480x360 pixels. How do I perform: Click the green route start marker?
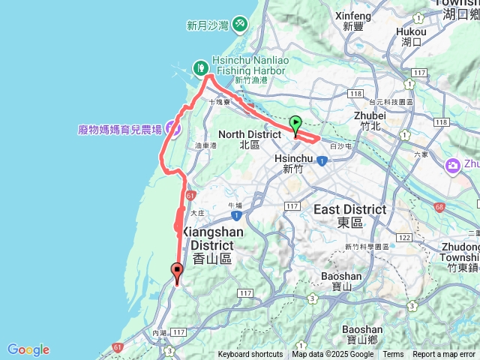pyautogui.click(x=295, y=124)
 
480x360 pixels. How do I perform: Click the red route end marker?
pyautogui.click(x=177, y=271)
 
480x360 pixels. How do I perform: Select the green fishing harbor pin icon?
pyautogui.click(x=201, y=67)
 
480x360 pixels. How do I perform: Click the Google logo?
pyautogui.click(x=28, y=349)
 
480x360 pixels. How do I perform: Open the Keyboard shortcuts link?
pyautogui.click(x=250, y=355)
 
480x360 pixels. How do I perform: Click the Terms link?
pyautogui.click(x=393, y=355)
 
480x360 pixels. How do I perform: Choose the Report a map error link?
pyautogui.click(x=445, y=355)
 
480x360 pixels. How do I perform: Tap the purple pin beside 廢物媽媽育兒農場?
pyautogui.click(x=173, y=129)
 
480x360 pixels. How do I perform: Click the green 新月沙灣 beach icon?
pyautogui.click(x=239, y=25)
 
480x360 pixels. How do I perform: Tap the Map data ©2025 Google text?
pyautogui.click(x=333, y=355)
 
